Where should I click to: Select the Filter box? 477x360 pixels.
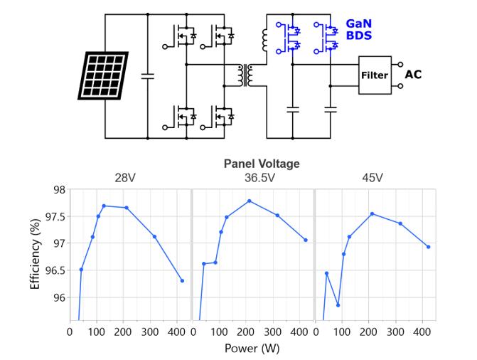tap(375, 74)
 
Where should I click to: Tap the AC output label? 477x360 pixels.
tap(414, 74)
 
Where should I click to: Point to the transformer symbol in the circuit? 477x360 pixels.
tap(247, 75)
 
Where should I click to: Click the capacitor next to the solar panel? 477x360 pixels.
tap(148, 75)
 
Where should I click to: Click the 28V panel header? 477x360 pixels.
tap(131, 178)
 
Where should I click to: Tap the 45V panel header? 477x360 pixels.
tap(375, 178)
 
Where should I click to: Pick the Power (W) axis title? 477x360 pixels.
tap(252, 349)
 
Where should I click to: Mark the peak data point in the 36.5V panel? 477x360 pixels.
tap(249, 201)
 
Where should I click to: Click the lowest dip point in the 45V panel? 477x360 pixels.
tap(338, 305)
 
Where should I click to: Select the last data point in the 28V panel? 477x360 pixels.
tap(182, 280)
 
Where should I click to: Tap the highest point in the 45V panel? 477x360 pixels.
tap(372, 213)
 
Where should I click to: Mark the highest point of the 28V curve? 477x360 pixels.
tap(104, 206)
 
